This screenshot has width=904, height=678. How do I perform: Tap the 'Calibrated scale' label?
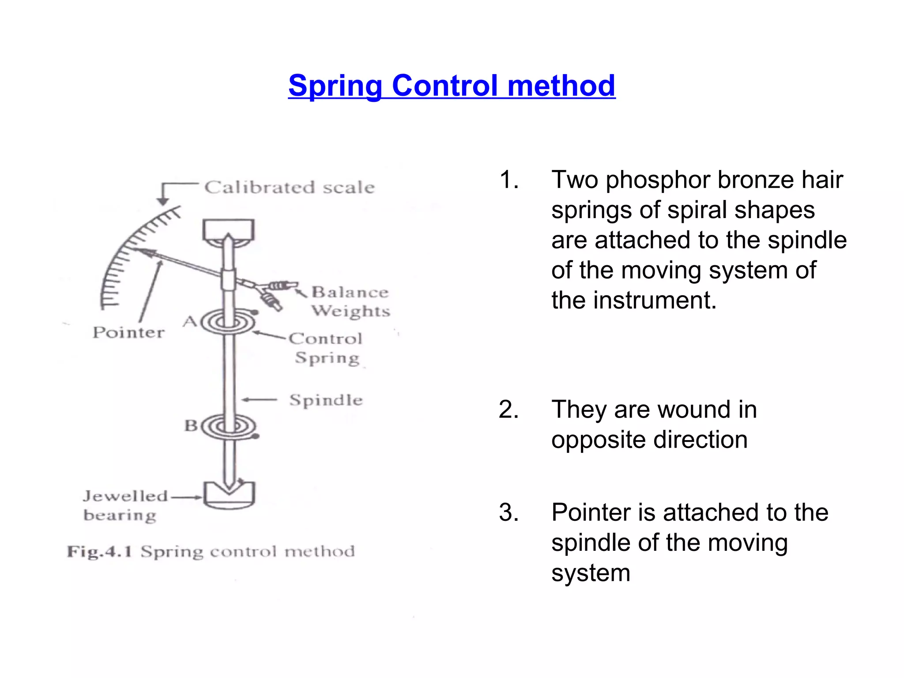point(290,188)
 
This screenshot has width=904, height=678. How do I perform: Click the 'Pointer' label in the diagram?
point(128,332)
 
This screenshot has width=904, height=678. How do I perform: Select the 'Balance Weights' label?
point(350,301)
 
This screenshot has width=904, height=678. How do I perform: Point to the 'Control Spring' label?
point(326,348)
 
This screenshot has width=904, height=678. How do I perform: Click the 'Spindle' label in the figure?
point(326,400)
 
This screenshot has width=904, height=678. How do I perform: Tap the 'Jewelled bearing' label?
point(125,505)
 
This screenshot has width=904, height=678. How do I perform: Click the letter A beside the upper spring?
point(190,321)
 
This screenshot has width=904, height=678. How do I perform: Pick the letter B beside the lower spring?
point(191,426)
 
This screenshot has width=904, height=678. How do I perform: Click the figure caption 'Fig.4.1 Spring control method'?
point(211,552)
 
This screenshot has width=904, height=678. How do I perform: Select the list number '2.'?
point(508,409)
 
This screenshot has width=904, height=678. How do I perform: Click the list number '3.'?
point(508,512)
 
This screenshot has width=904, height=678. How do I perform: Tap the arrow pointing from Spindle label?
point(260,400)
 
